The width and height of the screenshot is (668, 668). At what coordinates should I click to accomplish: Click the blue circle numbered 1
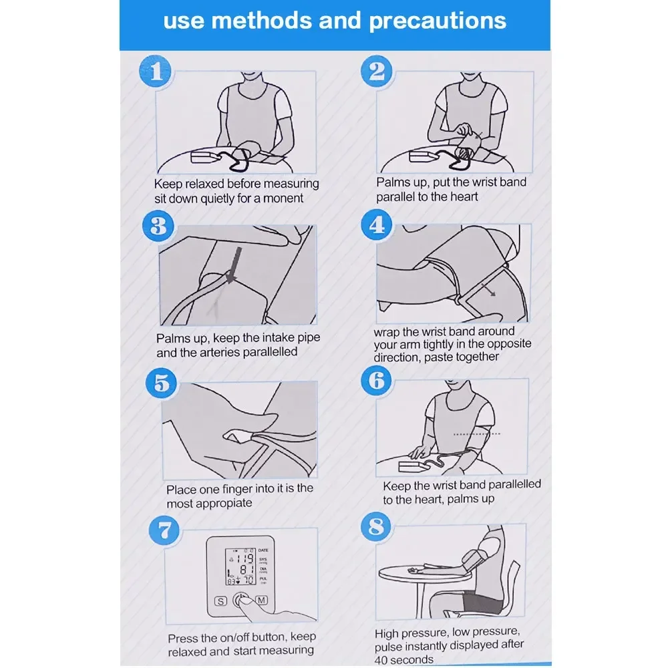point(156,71)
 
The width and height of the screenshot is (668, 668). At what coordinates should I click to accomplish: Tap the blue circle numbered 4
point(377,224)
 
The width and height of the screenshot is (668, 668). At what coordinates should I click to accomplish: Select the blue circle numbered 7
point(164,530)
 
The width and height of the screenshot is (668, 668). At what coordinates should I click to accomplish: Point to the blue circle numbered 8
point(376,526)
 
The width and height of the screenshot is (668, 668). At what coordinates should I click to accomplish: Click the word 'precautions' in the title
point(438,21)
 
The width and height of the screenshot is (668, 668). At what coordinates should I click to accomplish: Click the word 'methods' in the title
point(262,21)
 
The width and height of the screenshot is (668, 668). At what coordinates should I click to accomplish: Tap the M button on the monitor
point(262,601)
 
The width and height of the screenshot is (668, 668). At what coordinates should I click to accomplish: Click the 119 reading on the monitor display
point(245,558)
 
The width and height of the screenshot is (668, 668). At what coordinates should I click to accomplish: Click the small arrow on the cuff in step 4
point(488,289)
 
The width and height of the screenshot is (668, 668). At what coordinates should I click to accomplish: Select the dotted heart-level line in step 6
point(477,434)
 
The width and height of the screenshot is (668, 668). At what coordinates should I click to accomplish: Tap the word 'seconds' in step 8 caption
point(412,660)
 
